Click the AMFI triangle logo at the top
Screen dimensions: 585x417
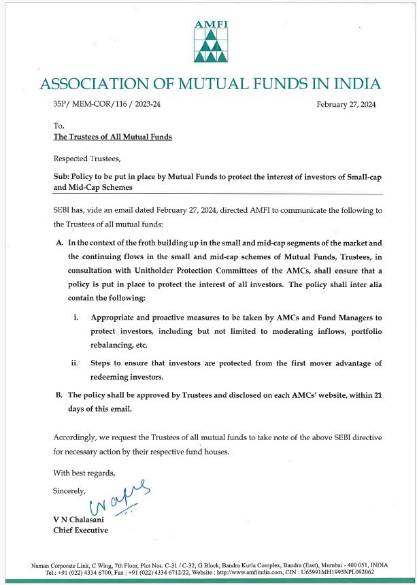click(x=208, y=42)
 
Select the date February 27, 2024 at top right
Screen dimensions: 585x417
click(x=346, y=105)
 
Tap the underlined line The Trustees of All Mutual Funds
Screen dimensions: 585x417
click(x=112, y=137)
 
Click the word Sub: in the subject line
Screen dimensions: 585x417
click(x=62, y=175)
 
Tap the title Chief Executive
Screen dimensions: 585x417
click(x=80, y=531)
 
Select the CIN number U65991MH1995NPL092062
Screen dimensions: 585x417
click(x=343, y=572)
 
